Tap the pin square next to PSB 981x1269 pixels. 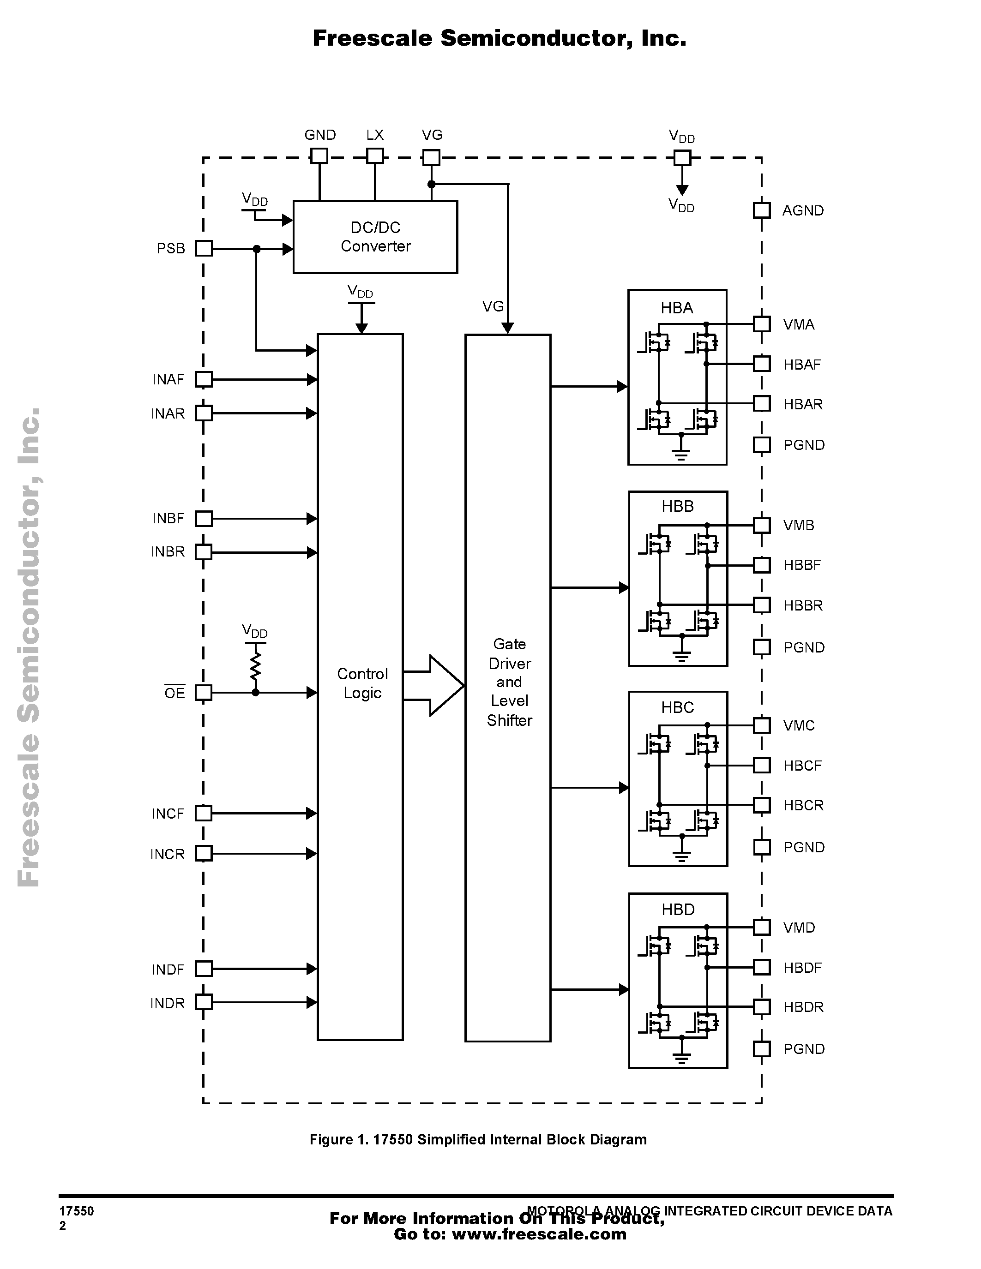[x=204, y=249]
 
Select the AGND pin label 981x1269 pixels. [x=803, y=210]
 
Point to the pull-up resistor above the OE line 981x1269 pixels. [x=255, y=666]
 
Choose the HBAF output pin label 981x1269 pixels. [x=802, y=364]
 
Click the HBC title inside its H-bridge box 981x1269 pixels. [x=678, y=708]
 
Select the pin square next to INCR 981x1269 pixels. [x=204, y=854]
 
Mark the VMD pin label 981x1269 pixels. [x=799, y=928]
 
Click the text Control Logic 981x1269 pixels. [x=362, y=683]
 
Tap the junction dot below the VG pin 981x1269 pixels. [x=431, y=184]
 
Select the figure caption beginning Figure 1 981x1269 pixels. [x=478, y=1139]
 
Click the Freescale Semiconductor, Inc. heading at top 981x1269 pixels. [x=499, y=38]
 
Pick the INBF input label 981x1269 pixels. [x=169, y=518]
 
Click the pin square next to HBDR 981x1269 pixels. [x=762, y=1007]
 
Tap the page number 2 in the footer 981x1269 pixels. [x=63, y=1226]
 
